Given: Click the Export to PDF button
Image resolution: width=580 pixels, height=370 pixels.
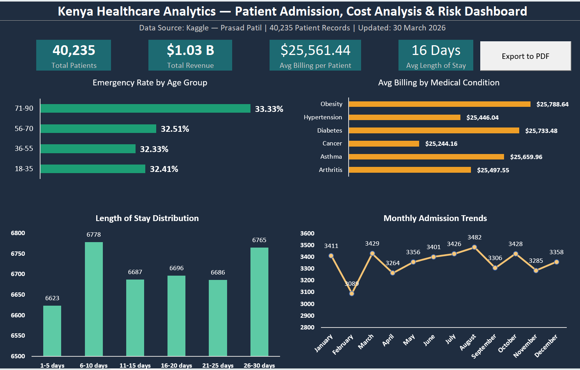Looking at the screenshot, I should pos(525,56).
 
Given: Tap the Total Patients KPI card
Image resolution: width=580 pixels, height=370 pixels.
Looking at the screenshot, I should pos(74,55).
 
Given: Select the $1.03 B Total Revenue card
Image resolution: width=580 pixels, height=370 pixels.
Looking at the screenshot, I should pos(190,55).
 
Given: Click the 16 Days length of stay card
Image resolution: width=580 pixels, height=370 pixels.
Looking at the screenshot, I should pos(435,55).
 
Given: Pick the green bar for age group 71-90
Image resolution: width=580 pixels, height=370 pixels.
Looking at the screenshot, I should pos(145,108).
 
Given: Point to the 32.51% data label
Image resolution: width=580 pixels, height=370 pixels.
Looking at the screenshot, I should pos(175,129).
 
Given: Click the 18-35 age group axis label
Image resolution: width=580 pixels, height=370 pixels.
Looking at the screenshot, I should pos(24,169).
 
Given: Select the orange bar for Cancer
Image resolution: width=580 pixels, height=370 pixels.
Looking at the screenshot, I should pos(384,143).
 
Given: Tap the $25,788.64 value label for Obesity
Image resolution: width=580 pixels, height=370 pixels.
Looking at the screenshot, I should pos(552,104).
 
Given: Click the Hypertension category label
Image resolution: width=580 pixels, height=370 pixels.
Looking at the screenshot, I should pos(323,117).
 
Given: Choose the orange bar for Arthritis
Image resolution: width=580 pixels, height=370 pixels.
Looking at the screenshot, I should pos(409,170).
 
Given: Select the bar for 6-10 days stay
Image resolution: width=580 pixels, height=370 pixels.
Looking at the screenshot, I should pos(94,299).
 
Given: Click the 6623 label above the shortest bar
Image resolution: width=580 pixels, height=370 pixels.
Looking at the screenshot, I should pos(52,298).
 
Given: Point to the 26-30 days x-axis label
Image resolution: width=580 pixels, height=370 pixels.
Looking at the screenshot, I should pos(259,365).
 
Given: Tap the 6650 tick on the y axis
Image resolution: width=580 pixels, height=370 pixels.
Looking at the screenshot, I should pos(18,295).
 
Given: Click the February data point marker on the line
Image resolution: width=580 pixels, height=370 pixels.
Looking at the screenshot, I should pos(352,293).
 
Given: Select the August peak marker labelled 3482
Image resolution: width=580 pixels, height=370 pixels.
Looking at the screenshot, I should pos(474,247).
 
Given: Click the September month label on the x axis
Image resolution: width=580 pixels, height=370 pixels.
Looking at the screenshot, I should pos(484,346).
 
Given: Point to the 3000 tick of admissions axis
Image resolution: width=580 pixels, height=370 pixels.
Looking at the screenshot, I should pos(307,304).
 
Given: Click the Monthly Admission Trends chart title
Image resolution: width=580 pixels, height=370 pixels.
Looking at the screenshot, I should pos(435,218).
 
